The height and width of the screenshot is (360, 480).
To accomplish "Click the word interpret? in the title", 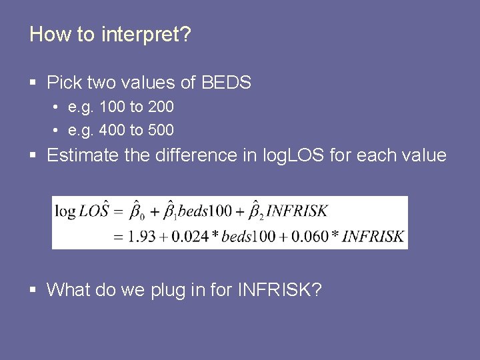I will point(146,35).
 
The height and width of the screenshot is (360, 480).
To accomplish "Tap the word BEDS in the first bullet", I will point(226,83).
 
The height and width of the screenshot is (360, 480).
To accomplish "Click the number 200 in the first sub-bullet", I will point(161,107).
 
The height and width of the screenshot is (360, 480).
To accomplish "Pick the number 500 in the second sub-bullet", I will point(161,129).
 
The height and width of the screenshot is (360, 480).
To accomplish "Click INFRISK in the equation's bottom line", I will point(373,236).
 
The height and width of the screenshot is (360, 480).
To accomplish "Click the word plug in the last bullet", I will point(171,290).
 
